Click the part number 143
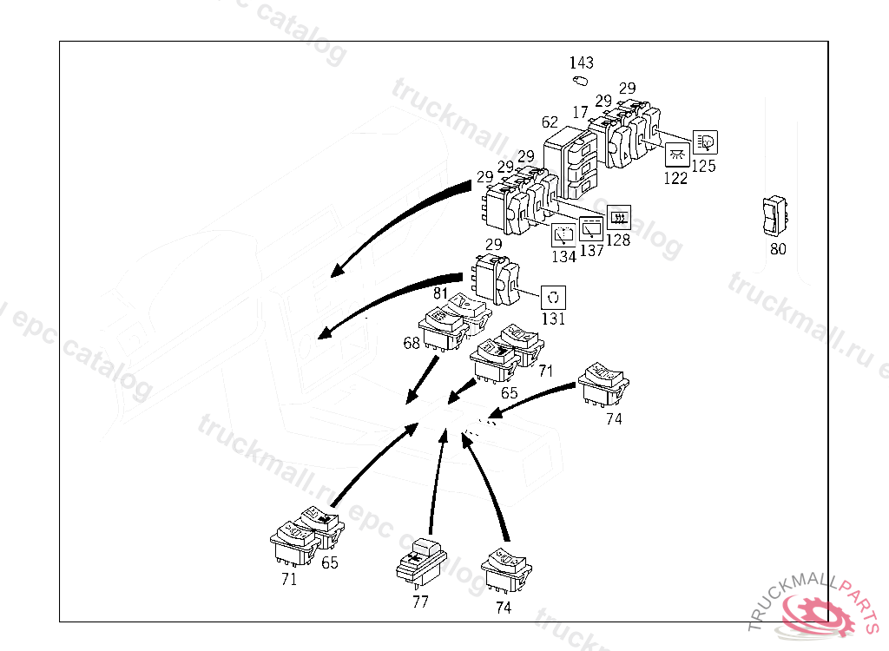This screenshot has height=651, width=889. click(x=582, y=62)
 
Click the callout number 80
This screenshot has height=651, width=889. click(x=778, y=249)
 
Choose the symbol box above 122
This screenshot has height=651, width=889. click(x=677, y=156)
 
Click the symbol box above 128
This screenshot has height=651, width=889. click(x=619, y=216)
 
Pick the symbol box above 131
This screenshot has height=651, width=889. click(x=554, y=297)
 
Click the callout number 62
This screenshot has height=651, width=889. click(x=550, y=123)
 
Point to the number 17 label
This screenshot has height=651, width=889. click(x=580, y=112)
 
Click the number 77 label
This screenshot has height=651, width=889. click(x=420, y=602)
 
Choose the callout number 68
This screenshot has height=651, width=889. click(x=411, y=344)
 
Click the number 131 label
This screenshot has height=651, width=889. click(x=553, y=319)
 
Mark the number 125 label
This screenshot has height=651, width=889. click(x=704, y=165)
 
